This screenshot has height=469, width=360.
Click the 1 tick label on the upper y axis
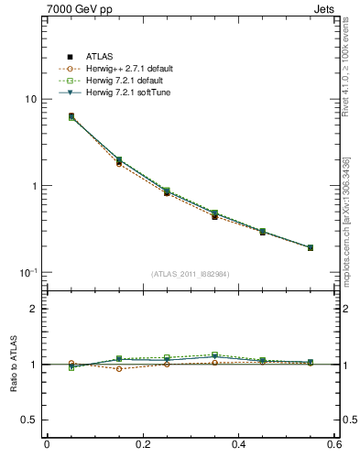pyautogui.click(x=34, y=186)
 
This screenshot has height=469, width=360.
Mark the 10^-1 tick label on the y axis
pyautogui.click(x=27, y=273)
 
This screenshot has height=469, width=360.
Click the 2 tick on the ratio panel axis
pyautogui.click(x=34, y=309)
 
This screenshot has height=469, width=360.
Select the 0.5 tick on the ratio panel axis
pyautogui.click(x=29, y=420)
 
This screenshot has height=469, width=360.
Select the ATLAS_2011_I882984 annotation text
pyautogui.click(x=191, y=274)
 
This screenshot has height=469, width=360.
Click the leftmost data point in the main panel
pyautogui.click(x=71, y=116)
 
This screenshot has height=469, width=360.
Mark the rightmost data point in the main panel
pyautogui.click(x=311, y=247)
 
